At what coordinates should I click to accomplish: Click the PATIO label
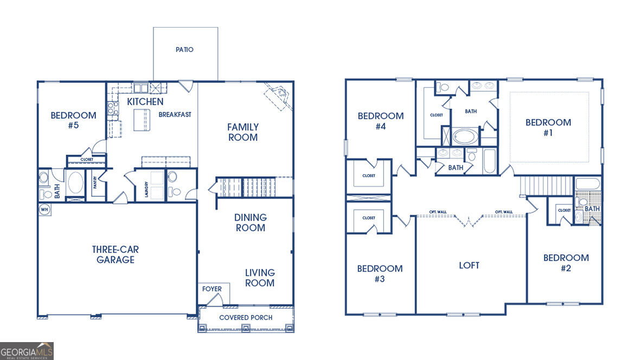184,49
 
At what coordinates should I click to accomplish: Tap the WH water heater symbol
44,209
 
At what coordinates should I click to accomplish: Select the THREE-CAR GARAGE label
116,254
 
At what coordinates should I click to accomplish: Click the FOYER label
211,289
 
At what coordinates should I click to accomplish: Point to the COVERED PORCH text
246,318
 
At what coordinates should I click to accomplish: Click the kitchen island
142,120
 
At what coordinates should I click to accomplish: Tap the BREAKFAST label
175,115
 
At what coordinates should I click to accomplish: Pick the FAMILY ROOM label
243,132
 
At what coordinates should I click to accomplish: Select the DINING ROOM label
250,223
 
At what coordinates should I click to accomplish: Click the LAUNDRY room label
146,189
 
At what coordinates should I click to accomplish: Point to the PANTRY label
95,182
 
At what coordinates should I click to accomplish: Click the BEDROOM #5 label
74,120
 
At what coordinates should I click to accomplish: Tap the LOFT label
469,266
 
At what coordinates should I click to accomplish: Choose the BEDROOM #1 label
548,127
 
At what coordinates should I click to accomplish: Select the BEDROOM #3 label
380,273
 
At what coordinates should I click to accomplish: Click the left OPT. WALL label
438,211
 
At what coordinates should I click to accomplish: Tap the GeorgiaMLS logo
27,351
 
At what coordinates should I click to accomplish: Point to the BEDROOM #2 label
566,263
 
